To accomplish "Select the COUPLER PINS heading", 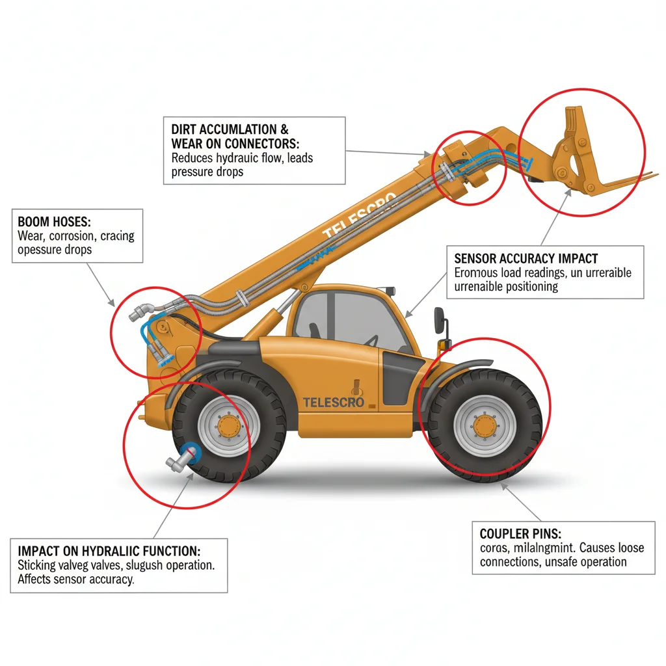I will tap(518, 533).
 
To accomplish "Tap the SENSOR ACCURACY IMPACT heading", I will tap(526, 258).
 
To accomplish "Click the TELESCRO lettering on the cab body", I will tap(334, 402).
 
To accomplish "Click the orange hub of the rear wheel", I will tap(229, 427).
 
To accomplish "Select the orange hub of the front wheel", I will tap(484, 426).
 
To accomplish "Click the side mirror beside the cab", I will tap(440, 320).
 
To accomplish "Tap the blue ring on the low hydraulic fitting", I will tap(190, 450).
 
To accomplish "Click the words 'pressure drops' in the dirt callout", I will tap(207, 172).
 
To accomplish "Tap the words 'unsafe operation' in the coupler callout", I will tap(585, 562).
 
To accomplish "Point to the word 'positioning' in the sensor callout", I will tap(526, 286).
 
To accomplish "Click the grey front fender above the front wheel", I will tap(455, 371).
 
